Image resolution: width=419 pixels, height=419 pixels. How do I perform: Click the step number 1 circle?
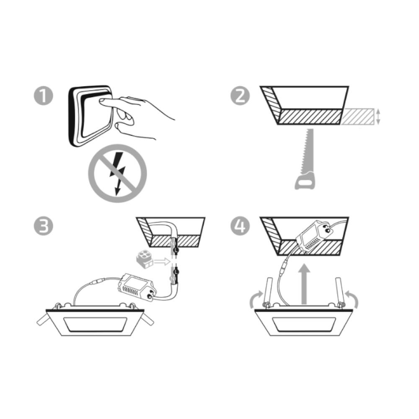pyautogui.click(x=43, y=96)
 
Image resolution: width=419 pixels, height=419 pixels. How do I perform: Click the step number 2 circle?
pyautogui.click(x=240, y=96)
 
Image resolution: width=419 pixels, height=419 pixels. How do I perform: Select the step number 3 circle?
pyautogui.click(x=43, y=226)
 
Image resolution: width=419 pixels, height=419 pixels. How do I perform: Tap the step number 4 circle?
pyautogui.click(x=240, y=226)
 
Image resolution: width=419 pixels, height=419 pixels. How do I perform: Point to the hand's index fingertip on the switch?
pyautogui.click(x=102, y=101)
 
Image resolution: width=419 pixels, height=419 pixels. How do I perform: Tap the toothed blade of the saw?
pyautogui.click(x=307, y=151)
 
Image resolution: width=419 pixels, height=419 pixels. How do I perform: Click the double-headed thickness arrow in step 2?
pyautogui.click(x=378, y=116)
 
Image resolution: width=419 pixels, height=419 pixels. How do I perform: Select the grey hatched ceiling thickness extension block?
pyautogui.click(x=357, y=116)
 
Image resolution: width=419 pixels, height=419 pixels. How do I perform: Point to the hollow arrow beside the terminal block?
pyautogui.click(x=162, y=261)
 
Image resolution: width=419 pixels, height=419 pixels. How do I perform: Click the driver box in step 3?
pyautogui.click(x=136, y=287)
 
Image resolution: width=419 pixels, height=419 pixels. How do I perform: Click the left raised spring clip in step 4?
pyautogui.click(x=268, y=292)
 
